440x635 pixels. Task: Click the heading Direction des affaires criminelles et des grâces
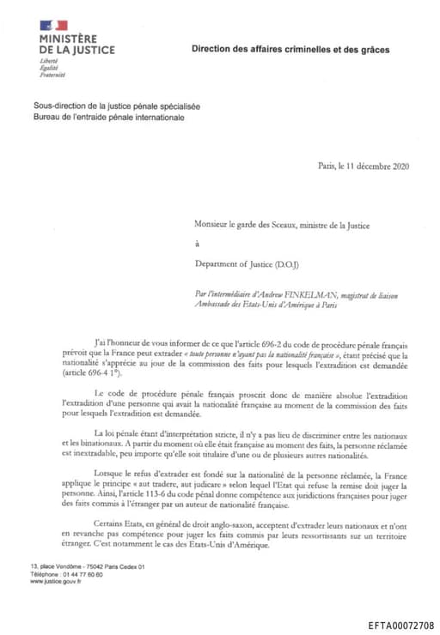290,51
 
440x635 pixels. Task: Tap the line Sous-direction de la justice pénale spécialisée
116,106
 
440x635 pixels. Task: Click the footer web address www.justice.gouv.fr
56,581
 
